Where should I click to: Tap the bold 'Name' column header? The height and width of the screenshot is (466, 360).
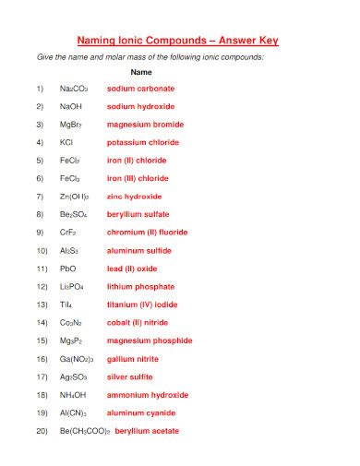click(141, 71)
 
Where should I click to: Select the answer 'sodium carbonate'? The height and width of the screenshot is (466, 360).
click(140, 89)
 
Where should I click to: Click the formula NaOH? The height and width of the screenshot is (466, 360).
click(72, 107)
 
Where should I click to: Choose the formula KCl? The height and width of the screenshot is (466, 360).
click(66, 143)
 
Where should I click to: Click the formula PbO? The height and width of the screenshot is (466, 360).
click(68, 269)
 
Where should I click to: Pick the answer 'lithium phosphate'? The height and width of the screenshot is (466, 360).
click(140, 287)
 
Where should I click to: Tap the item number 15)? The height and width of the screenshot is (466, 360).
click(41, 341)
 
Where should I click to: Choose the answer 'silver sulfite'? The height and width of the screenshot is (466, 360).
click(131, 376)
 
